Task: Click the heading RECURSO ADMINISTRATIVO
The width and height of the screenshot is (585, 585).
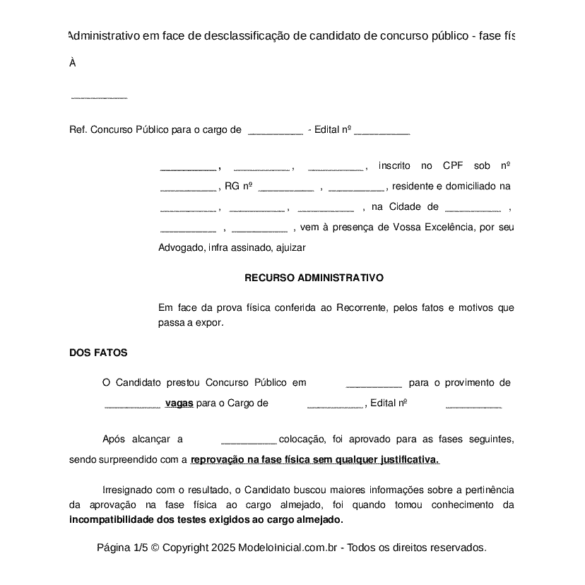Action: tap(314, 278)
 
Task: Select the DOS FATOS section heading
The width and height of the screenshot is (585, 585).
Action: tap(98, 353)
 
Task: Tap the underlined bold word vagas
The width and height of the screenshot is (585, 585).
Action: tap(179, 403)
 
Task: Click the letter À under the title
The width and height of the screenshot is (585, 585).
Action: tap(73, 63)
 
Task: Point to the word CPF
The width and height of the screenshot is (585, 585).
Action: tap(453, 166)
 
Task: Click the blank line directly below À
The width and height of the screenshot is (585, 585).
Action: tap(99, 97)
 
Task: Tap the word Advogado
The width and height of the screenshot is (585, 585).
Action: tap(180, 248)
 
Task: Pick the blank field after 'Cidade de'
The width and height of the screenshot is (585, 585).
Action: tap(473, 208)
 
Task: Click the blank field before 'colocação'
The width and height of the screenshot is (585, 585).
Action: tap(249, 440)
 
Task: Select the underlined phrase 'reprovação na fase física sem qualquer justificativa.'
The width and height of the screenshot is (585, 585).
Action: tap(315, 460)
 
